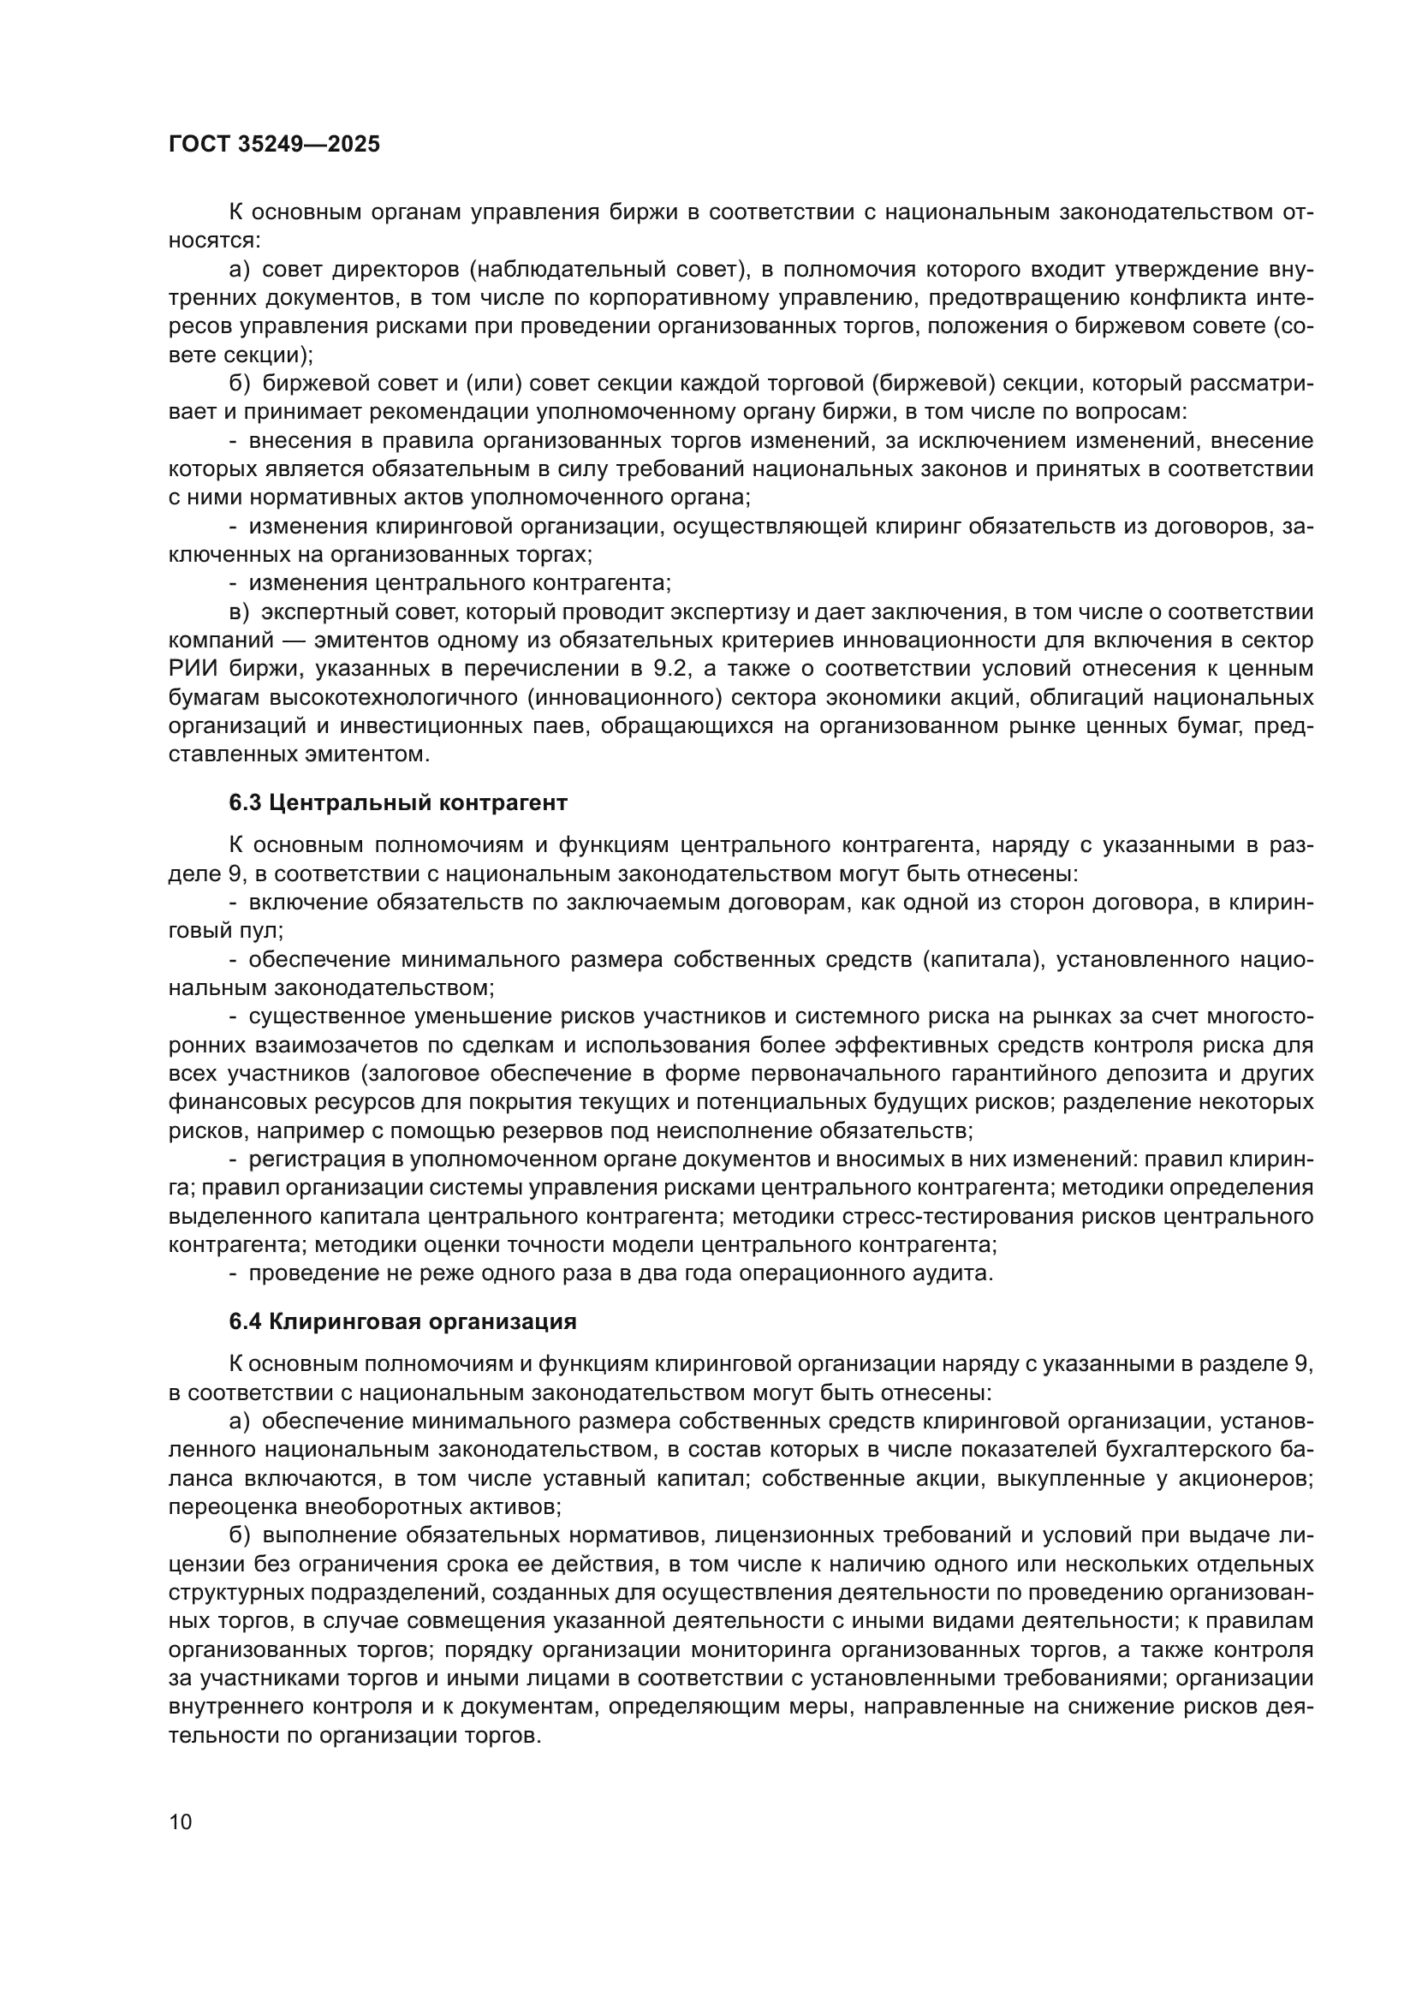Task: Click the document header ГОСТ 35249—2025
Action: (x=274, y=145)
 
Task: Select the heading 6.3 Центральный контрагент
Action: (x=397, y=802)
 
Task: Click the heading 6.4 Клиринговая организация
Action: (x=402, y=1321)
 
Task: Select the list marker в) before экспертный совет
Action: (x=239, y=612)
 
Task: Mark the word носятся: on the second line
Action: (x=215, y=241)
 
